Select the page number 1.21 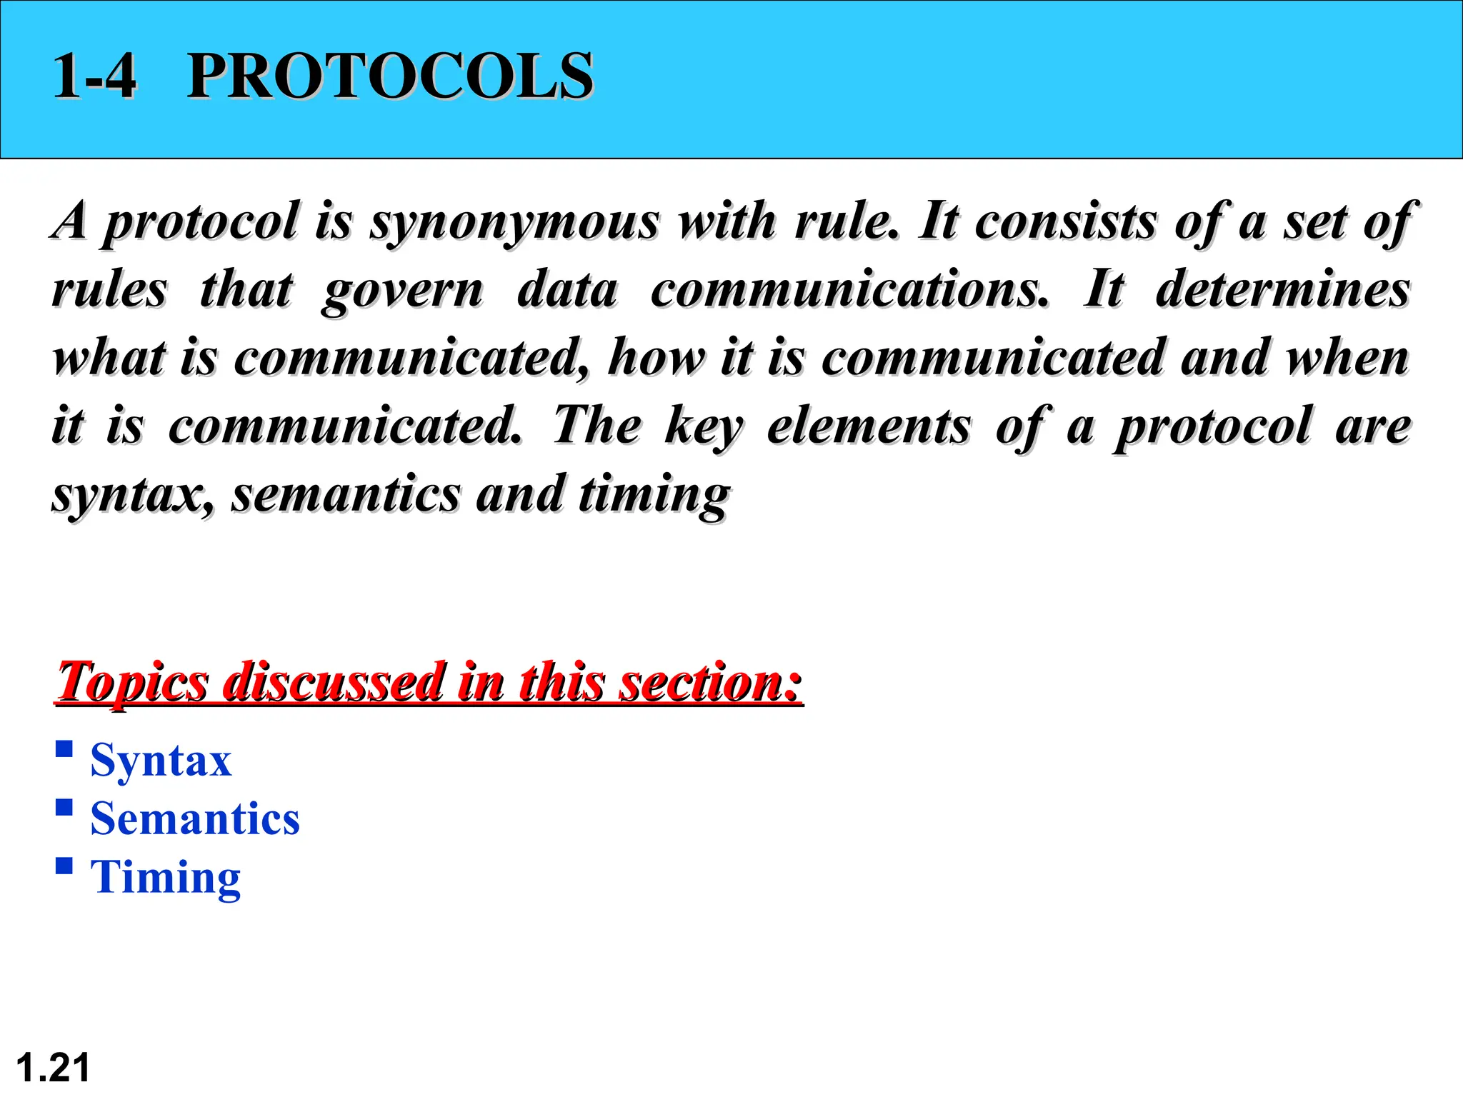[x=53, y=1068]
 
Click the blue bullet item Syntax [x=161, y=760]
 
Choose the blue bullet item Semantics [x=195, y=818]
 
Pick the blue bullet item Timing [x=166, y=877]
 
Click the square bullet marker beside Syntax [x=64, y=749]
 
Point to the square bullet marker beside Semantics [x=64, y=808]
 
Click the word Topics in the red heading [x=133, y=682]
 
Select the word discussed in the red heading [x=333, y=682]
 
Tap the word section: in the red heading [x=711, y=682]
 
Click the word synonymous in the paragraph [x=514, y=221]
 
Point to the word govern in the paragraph [x=402, y=291]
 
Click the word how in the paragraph [x=656, y=357]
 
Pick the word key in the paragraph [x=704, y=426]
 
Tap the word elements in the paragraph [x=869, y=426]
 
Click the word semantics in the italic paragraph [x=346, y=494]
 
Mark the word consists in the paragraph [x=1066, y=221]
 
